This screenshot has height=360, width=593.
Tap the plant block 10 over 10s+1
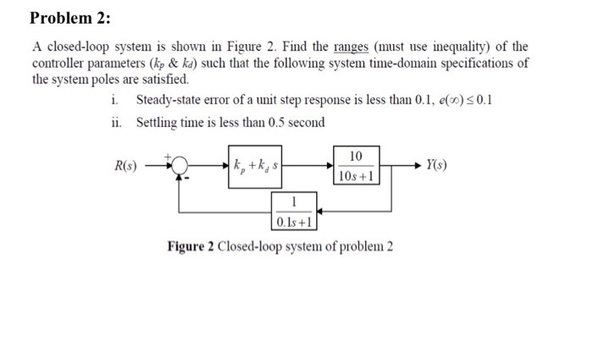tap(356, 165)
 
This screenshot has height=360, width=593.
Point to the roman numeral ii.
tap(116, 122)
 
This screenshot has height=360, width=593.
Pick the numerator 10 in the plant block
tap(356, 155)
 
